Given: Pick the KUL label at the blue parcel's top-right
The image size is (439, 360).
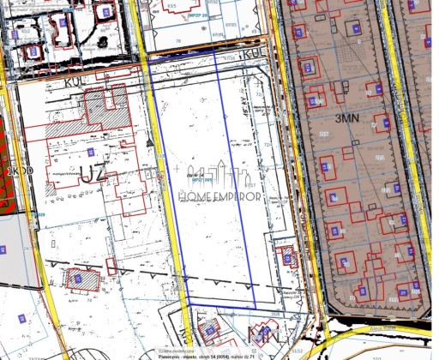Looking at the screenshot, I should click(255, 53).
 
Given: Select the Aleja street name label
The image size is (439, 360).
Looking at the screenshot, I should click(403, 327).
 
